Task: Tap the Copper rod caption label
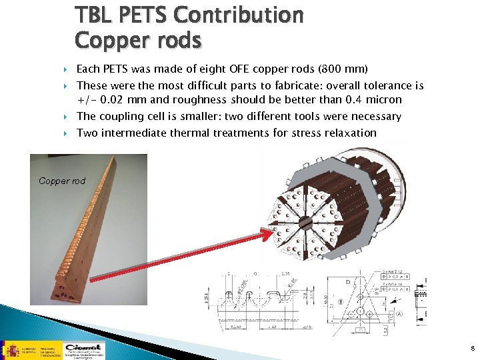[62, 181]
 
